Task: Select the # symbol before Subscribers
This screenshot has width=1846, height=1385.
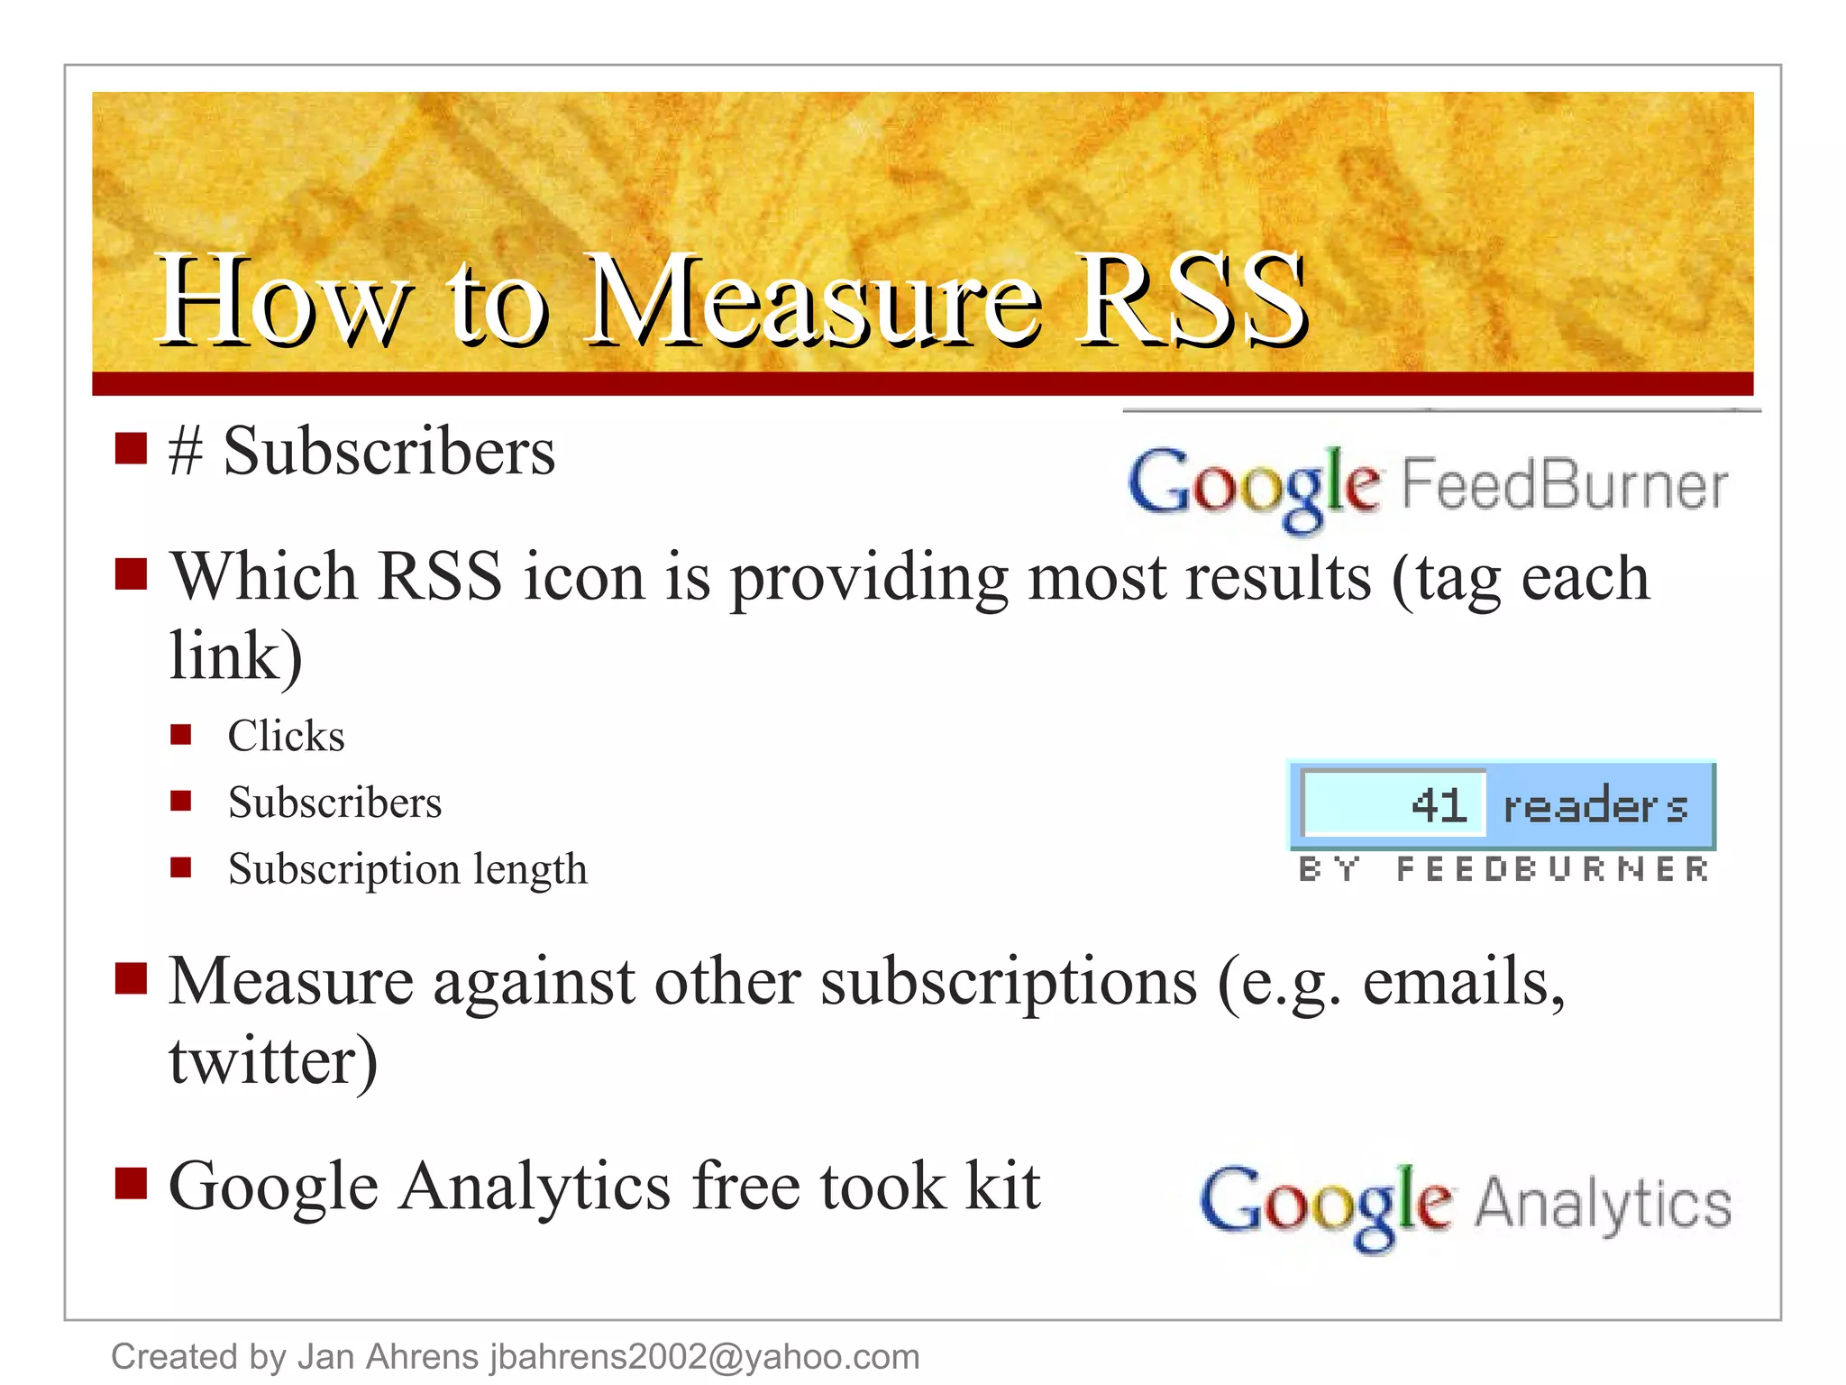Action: pyautogui.click(x=185, y=452)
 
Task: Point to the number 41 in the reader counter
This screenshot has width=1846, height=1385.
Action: pyautogui.click(x=1439, y=805)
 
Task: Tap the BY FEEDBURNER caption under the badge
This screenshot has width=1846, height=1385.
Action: pyautogui.click(x=1503, y=869)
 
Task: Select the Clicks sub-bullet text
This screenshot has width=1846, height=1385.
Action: pyautogui.click(x=286, y=736)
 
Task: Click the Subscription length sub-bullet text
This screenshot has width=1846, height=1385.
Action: pyautogui.click(x=407, y=869)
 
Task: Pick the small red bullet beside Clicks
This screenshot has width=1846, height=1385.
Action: pyautogui.click(x=181, y=735)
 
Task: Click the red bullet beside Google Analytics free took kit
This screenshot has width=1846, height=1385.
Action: pyautogui.click(x=132, y=1183)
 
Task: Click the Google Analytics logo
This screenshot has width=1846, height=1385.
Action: pyautogui.click(x=1465, y=1206)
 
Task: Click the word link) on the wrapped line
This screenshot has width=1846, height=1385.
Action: pyautogui.click(x=236, y=656)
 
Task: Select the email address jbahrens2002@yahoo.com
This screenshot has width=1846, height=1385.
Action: pyautogui.click(x=705, y=1356)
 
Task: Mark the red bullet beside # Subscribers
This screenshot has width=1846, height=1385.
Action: pyautogui.click(x=132, y=448)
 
